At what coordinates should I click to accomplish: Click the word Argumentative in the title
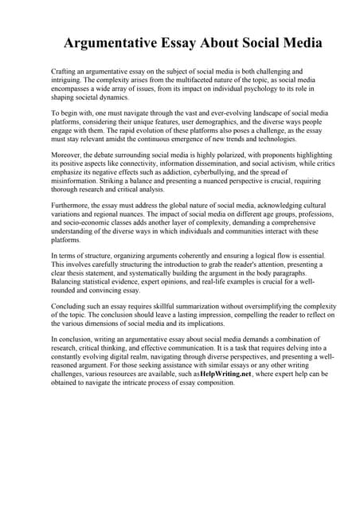[112, 41]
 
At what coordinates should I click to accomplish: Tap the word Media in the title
[275, 41]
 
